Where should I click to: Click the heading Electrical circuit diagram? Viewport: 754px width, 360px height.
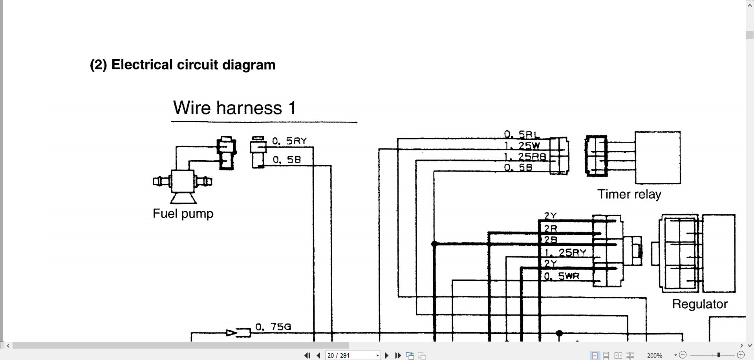click(x=183, y=65)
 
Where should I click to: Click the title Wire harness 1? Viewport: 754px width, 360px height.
click(x=234, y=108)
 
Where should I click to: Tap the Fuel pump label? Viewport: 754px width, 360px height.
click(x=183, y=214)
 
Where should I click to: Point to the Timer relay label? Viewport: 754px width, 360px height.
click(x=629, y=194)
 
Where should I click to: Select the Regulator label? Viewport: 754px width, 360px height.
click(x=699, y=304)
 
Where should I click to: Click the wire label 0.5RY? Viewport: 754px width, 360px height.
click(x=289, y=141)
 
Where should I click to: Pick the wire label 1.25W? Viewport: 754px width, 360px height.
click(x=522, y=146)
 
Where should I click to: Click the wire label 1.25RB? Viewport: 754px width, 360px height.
click(x=525, y=157)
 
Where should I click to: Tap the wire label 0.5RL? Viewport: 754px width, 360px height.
click(x=522, y=135)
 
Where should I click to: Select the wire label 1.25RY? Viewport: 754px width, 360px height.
click(x=565, y=253)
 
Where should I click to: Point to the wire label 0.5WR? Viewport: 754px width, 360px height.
click(x=562, y=276)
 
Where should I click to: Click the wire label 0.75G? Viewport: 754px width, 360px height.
click(x=273, y=327)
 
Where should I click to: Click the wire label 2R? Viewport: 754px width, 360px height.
click(x=550, y=228)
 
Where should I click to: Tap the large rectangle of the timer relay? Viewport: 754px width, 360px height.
click(x=658, y=157)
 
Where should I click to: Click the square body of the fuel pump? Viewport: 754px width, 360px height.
click(x=183, y=181)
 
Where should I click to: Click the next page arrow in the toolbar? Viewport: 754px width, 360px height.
click(x=386, y=355)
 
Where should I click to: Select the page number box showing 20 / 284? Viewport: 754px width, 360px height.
click(x=352, y=355)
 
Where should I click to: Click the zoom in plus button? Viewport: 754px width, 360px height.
click(x=741, y=355)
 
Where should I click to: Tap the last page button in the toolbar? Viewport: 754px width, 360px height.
click(x=398, y=355)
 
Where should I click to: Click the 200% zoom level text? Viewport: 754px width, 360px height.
click(x=655, y=355)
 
